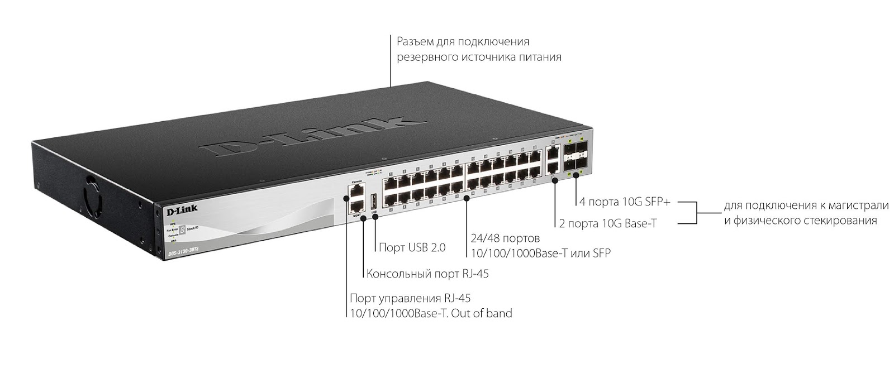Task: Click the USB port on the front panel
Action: click(x=374, y=202)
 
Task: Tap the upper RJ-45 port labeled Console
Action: click(x=355, y=192)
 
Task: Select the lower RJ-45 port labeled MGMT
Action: click(x=355, y=206)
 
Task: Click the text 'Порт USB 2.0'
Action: click(x=412, y=247)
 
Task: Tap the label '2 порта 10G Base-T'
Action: click(x=607, y=224)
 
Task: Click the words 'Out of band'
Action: click(x=482, y=313)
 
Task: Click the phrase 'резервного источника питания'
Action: click(x=479, y=57)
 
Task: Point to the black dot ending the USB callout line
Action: click(x=374, y=216)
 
